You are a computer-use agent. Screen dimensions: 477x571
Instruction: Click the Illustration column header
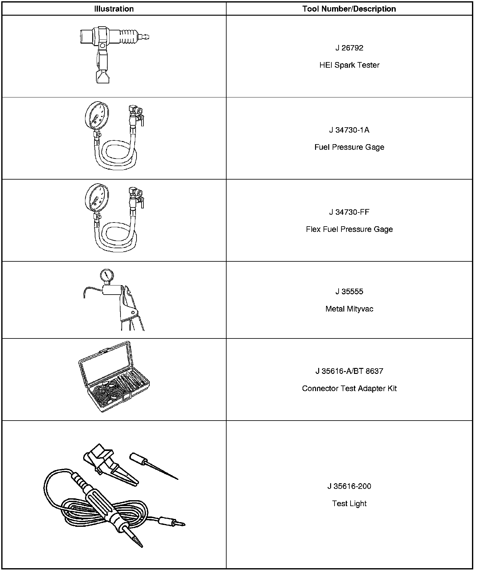pos(114,9)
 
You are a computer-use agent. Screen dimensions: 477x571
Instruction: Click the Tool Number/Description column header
pos(349,9)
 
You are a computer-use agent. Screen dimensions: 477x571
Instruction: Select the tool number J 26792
pos(349,48)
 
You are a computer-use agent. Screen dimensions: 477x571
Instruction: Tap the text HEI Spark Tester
pos(349,65)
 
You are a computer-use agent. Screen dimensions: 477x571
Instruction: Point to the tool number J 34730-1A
pos(349,130)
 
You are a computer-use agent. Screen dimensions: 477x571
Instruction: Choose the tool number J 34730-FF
pos(349,212)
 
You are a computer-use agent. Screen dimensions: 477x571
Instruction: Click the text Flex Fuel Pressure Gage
pos(349,229)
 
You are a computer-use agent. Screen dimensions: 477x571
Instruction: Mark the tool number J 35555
pos(349,291)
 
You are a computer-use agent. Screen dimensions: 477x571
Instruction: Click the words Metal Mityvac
pos(349,309)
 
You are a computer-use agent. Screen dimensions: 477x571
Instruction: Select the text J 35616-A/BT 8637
pos(349,371)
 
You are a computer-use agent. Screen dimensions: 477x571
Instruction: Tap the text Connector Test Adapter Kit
pos(349,389)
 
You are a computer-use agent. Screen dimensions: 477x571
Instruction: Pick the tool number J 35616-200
pos(349,486)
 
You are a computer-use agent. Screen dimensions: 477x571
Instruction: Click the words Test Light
pos(349,504)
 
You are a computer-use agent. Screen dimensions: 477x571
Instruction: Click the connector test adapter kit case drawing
pos(114,379)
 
